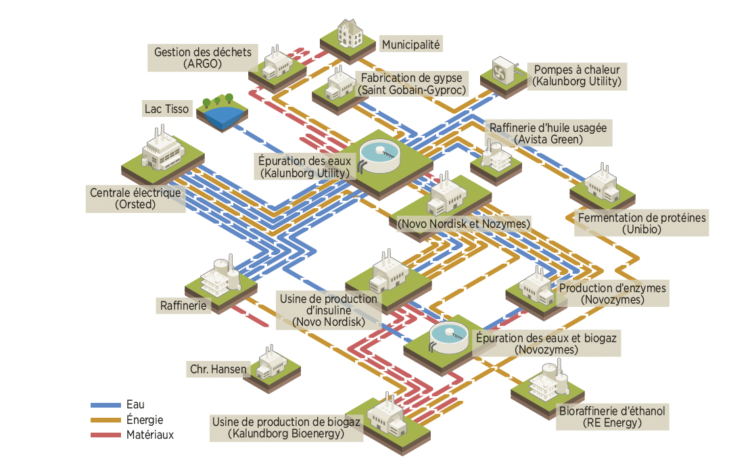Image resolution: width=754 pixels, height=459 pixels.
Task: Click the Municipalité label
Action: click(x=410, y=45)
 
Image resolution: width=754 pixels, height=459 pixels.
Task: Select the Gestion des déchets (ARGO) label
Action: click(x=202, y=58)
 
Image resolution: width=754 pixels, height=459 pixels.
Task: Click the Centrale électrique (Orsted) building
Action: click(x=162, y=152)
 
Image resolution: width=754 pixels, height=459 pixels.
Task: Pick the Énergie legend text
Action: click(x=145, y=420)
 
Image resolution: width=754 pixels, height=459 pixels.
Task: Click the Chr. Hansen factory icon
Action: click(x=271, y=365)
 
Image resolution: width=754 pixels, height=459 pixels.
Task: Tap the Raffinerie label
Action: click(x=183, y=306)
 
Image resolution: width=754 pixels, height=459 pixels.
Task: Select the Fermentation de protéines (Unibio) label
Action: click(x=641, y=223)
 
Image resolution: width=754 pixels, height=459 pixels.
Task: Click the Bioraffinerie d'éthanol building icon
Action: click(x=546, y=383)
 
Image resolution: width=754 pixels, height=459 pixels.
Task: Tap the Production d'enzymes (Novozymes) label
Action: click(x=612, y=293)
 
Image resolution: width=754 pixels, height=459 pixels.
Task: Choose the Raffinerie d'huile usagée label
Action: click(x=548, y=134)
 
